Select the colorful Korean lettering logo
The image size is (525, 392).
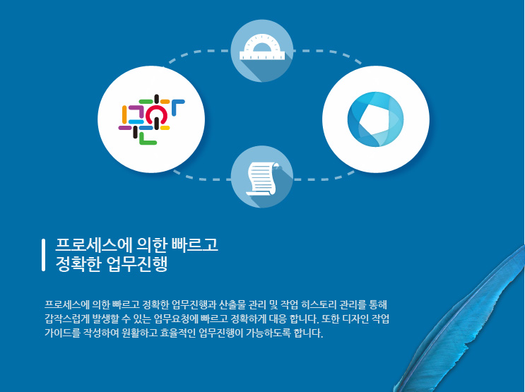click(151, 119)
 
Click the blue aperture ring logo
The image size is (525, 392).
click(375, 119)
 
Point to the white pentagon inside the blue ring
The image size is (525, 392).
click(373, 119)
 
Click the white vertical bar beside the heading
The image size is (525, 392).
click(43, 255)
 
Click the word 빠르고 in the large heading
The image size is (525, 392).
click(195, 245)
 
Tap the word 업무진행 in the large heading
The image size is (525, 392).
click(137, 263)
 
